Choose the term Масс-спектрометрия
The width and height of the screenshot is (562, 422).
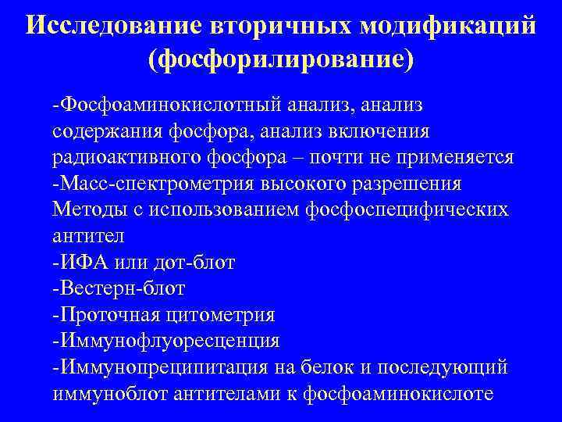pyautogui.click(x=153, y=184)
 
